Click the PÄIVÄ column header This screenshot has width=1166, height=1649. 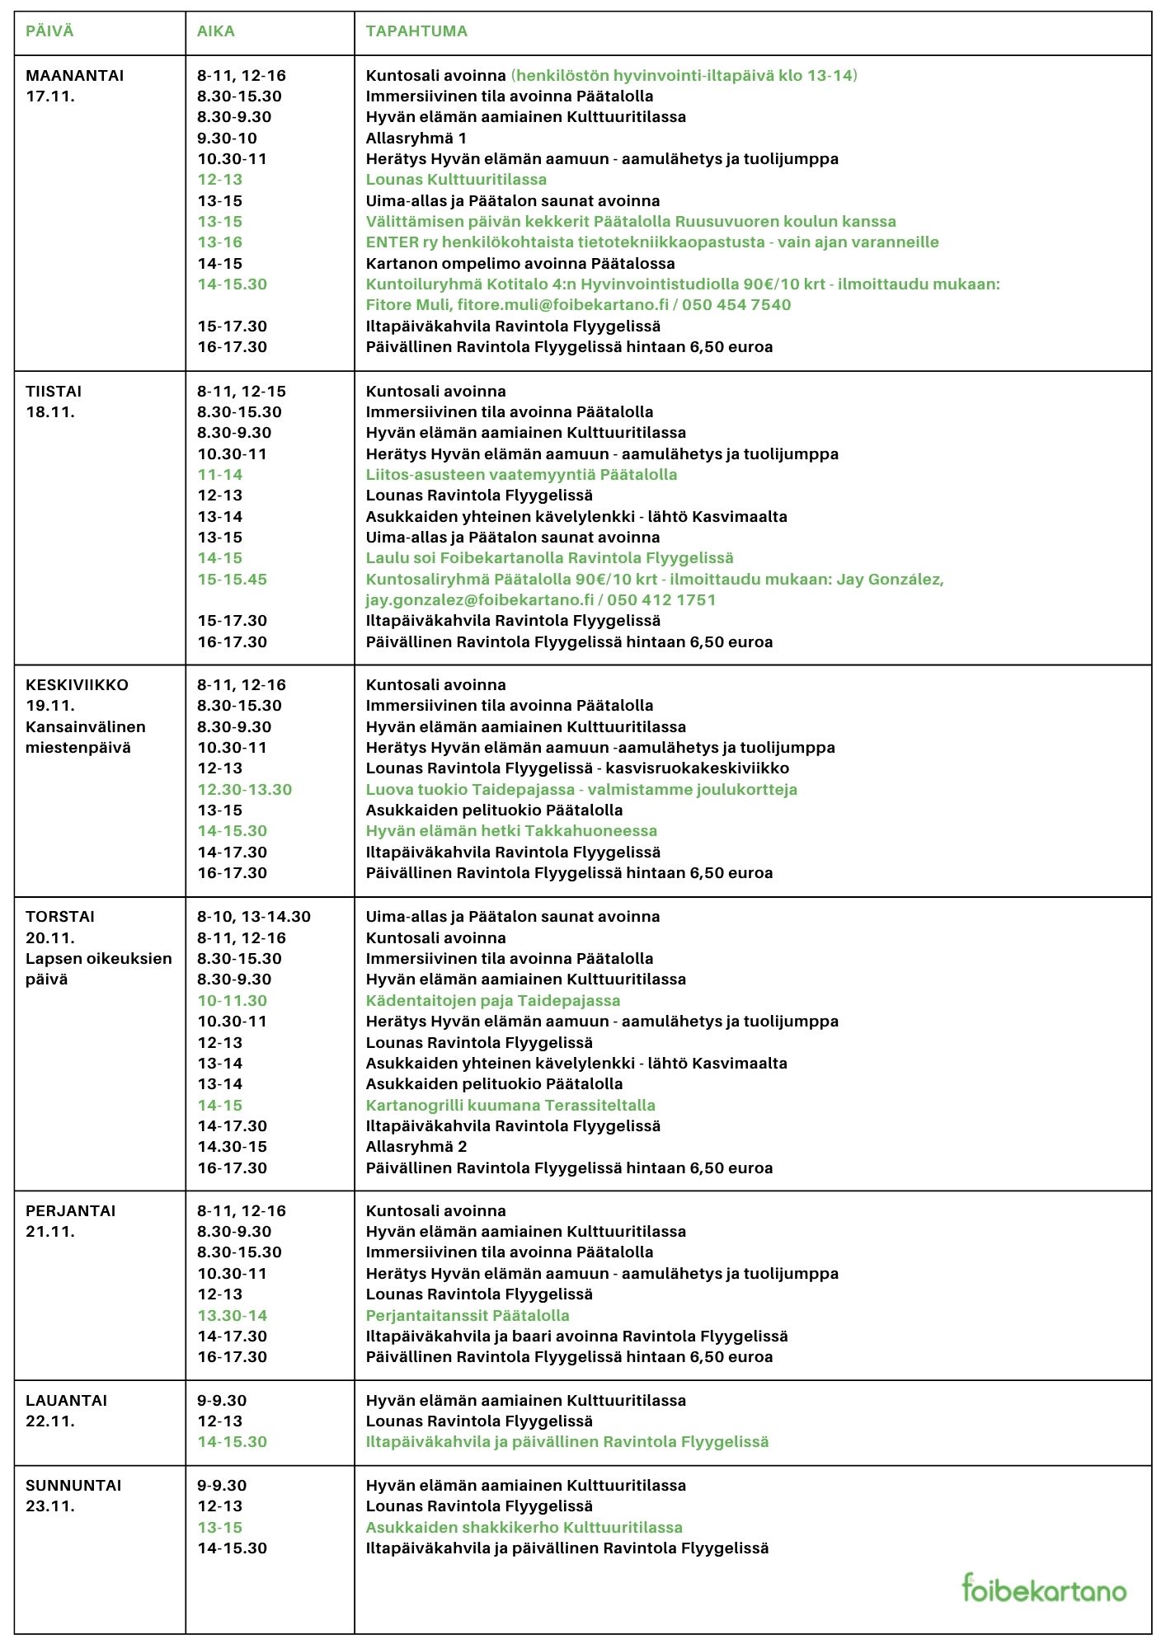point(49,31)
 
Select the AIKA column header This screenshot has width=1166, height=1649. point(216,31)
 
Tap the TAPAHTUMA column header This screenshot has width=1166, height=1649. point(416,31)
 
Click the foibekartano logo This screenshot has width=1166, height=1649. point(1043,1588)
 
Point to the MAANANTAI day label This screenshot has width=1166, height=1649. point(74,75)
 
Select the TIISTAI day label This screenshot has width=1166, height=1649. point(54,391)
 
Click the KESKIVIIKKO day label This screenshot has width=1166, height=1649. point(77,684)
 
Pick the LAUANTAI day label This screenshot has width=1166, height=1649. point(66,1400)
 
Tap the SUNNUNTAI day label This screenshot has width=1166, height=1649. point(73,1485)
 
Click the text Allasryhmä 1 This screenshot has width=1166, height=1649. point(416,138)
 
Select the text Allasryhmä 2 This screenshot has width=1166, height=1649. point(416,1146)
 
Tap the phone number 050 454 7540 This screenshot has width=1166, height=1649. point(736,304)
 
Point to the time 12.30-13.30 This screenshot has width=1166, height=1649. point(244,789)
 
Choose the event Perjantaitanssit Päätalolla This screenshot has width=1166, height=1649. point(467,1315)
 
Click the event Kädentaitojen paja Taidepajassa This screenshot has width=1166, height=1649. point(492,1000)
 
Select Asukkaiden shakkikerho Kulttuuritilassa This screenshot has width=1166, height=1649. point(524,1527)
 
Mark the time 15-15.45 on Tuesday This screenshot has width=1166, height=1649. point(232,579)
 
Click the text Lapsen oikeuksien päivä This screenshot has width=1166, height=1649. point(98,969)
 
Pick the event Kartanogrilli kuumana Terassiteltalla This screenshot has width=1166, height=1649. point(510,1105)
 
